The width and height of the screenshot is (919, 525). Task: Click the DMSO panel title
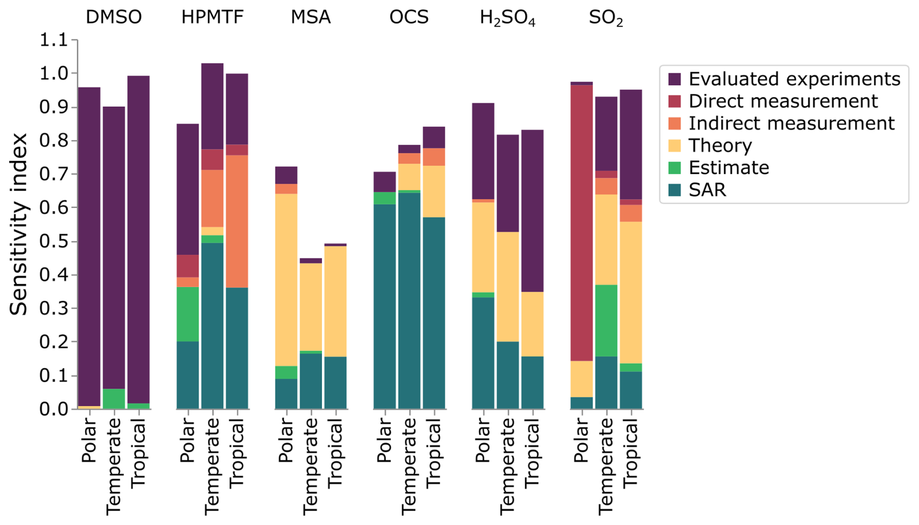(x=114, y=17)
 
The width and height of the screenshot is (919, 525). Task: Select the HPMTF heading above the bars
(x=212, y=17)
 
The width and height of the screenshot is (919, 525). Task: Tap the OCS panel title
(x=409, y=17)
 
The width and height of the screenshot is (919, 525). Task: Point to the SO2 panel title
(x=606, y=18)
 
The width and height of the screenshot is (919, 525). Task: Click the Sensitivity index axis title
(x=18, y=224)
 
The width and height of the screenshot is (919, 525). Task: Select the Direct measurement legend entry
(x=783, y=101)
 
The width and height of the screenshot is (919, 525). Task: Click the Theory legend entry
(x=720, y=145)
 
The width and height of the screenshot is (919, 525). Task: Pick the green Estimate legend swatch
(x=675, y=168)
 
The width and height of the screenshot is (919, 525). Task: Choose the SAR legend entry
(x=707, y=190)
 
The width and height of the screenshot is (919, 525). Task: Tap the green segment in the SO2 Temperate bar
(x=606, y=320)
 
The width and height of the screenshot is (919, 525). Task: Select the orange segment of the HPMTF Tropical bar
(x=237, y=221)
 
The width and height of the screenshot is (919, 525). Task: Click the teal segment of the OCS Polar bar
(x=385, y=306)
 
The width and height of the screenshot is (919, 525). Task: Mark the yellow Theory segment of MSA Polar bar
(x=286, y=280)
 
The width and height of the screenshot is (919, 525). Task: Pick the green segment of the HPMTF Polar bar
(x=187, y=314)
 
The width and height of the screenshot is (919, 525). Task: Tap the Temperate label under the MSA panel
(x=310, y=466)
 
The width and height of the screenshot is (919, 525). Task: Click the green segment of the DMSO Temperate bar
(x=114, y=399)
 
